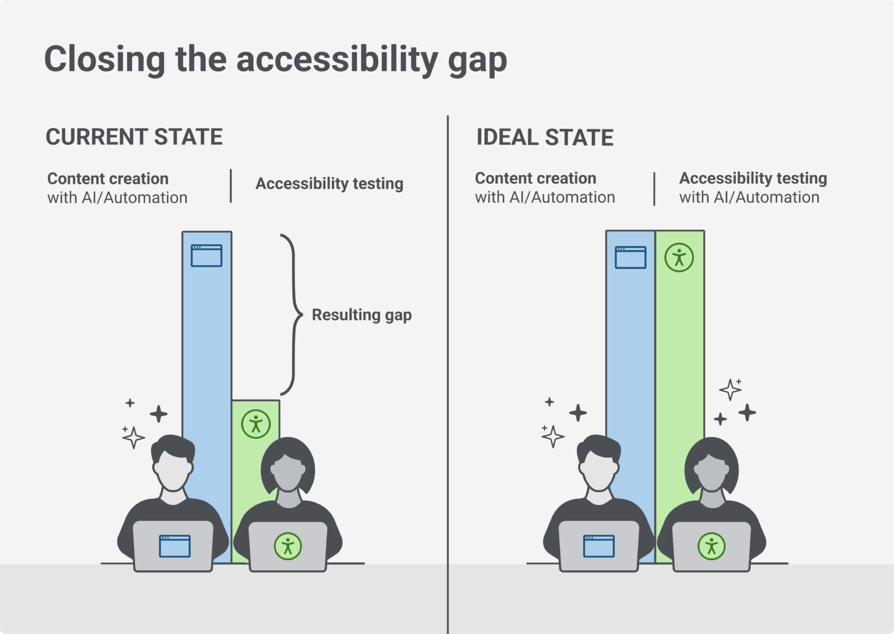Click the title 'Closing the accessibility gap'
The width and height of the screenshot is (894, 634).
tap(275, 59)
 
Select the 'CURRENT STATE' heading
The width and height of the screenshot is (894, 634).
tap(134, 137)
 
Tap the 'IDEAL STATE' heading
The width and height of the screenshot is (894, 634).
tap(545, 138)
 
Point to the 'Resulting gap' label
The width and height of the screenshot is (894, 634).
tap(361, 315)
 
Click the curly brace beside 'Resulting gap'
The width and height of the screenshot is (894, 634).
tap(293, 315)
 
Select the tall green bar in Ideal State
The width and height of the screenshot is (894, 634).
tap(680, 349)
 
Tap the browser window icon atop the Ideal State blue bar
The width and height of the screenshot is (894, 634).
tap(630, 257)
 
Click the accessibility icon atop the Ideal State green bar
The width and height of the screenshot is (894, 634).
tap(679, 257)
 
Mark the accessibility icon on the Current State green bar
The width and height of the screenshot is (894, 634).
tap(256, 423)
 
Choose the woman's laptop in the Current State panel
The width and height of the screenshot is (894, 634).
tap(288, 546)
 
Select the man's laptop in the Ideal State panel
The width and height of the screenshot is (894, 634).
tap(598, 546)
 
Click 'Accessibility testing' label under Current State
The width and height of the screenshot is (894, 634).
tap(329, 184)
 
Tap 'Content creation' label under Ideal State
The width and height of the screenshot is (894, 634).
tap(535, 179)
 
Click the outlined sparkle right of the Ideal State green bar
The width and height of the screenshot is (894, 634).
tap(730, 389)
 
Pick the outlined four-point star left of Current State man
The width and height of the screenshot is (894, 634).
tap(133, 437)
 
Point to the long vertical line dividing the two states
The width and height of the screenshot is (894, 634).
tap(448, 372)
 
